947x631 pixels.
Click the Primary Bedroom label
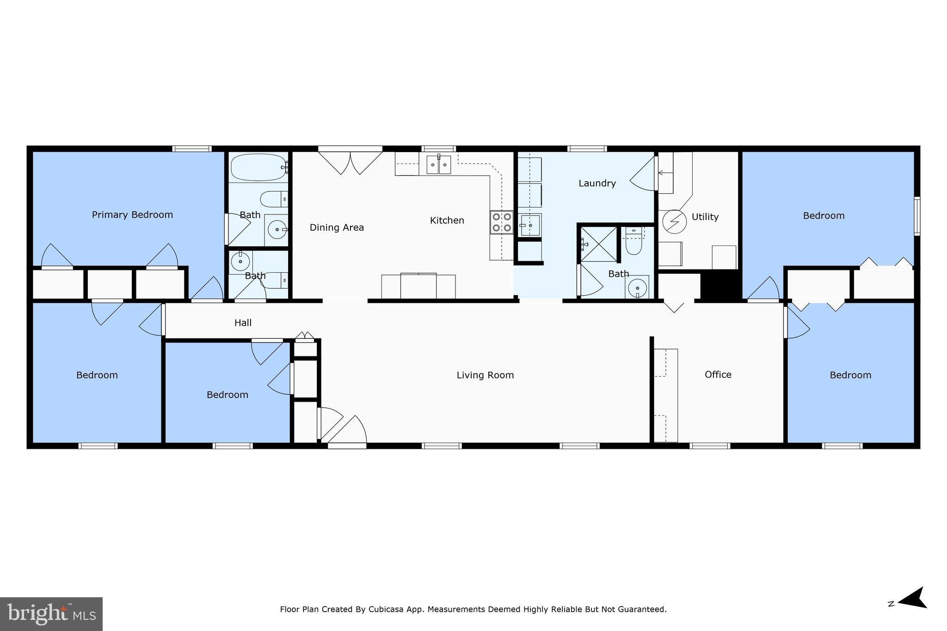click(x=132, y=214)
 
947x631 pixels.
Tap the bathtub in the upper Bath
click(x=258, y=167)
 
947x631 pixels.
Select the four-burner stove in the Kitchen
click(x=502, y=222)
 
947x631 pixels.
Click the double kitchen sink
click(x=438, y=165)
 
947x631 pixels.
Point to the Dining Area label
click(x=337, y=227)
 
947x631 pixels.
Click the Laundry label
click(x=597, y=184)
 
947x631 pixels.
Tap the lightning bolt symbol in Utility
click(x=674, y=221)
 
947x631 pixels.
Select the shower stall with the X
click(x=599, y=244)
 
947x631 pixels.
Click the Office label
click(x=718, y=374)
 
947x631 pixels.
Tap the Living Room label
click(x=485, y=375)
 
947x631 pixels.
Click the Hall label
click(x=243, y=323)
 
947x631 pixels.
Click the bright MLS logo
click(x=51, y=614)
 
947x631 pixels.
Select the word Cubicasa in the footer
click(x=387, y=609)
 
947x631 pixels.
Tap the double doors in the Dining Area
click(x=350, y=161)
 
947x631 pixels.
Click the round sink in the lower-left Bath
click(x=240, y=262)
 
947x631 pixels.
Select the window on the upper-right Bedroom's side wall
click(x=916, y=216)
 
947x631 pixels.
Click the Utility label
click(x=705, y=217)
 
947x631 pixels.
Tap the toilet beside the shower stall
click(x=633, y=243)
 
